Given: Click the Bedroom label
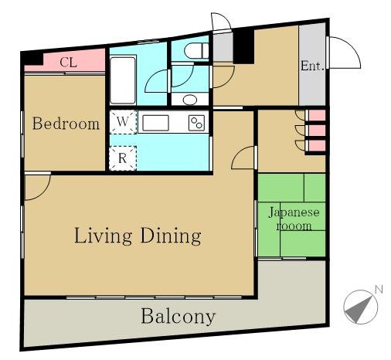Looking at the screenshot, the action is [x=66, y=124].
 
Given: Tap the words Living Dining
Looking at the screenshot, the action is [x=138, y=236].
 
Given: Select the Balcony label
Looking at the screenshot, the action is [x=178, y=316].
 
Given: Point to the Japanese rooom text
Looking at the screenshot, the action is [x=294, y=219].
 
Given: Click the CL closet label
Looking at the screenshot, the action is [x=68, y=63].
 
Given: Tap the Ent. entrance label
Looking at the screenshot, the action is [x=312, y=66].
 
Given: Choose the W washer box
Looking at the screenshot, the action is [x=123, y=122].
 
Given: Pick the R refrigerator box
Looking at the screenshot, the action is [x=123, y=158].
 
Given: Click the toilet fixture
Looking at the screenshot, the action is [x=197, y=51].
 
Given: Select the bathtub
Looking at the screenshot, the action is [x=123, y=80].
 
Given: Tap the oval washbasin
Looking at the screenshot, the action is [x=190, y=100].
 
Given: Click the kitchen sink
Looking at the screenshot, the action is [x=155, y=123].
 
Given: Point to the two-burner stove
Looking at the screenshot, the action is [x=196, y=123].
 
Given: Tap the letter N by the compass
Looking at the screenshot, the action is [x=379, y=290].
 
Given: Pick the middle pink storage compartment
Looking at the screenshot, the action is [x=317, y=131].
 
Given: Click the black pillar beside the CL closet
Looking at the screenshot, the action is [x=32, y=59].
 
